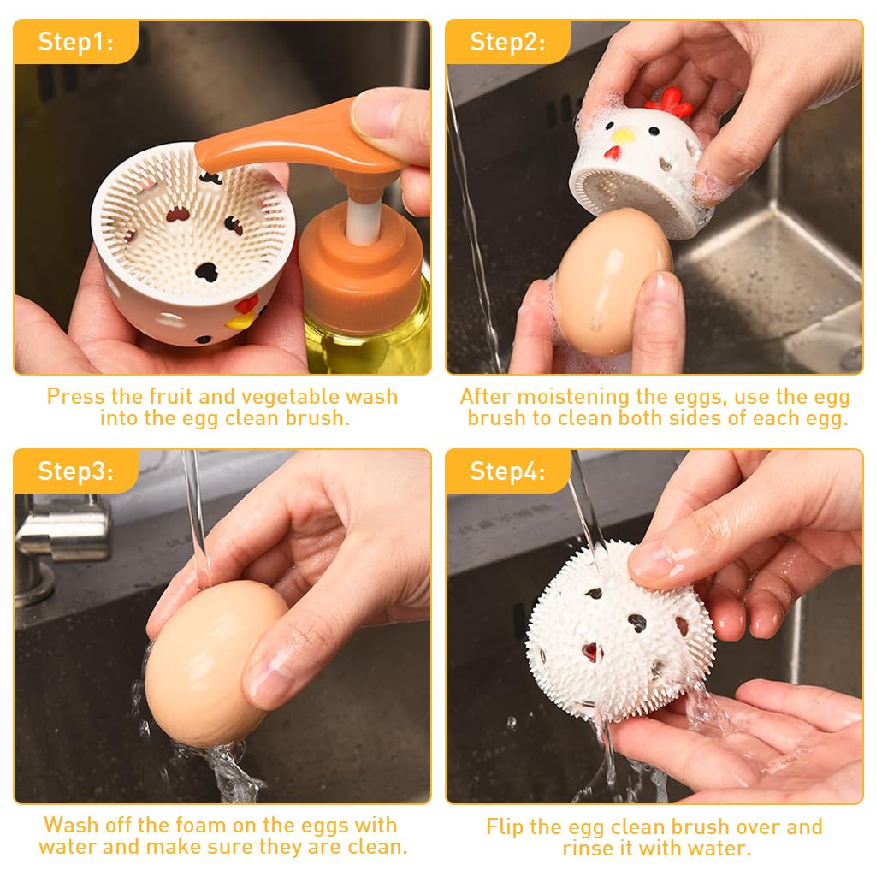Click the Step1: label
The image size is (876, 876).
pos(75,42)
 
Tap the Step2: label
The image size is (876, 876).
pos(507,42)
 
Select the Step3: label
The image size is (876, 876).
pos(75,471)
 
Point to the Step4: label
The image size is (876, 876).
pos(507,471)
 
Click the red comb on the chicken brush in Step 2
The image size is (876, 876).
pos(669,102)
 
